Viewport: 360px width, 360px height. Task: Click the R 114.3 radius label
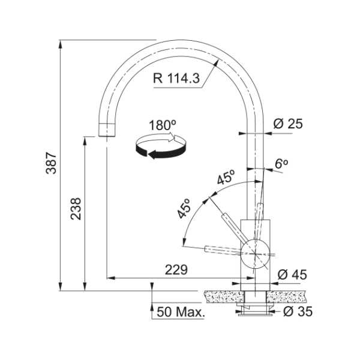click(x=176, y=78)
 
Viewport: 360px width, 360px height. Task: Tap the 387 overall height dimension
click(x=51, y=163)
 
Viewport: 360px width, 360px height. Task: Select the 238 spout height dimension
click(x=76, y=209)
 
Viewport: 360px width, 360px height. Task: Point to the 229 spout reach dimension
click(x=176, y=270)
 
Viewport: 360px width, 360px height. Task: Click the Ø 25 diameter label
click(x=288, y=124)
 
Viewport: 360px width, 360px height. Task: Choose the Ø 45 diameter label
click(x=292, y=275)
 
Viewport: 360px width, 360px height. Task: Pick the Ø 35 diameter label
click(x=298, y=311)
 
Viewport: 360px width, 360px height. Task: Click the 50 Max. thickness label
click(x=181, y=312)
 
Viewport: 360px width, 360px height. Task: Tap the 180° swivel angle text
click(x=163, y=125)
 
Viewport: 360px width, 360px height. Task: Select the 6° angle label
click(x=281, y=164)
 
